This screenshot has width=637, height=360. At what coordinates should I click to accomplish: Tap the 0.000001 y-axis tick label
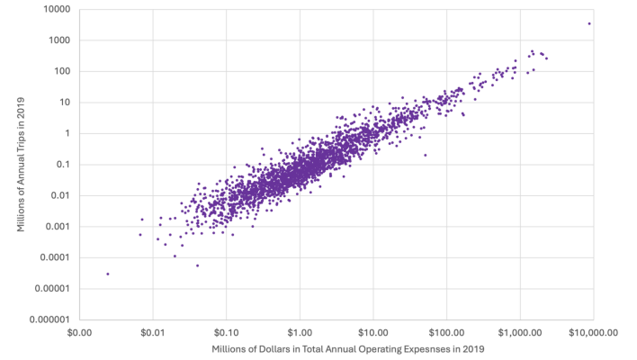point(51,319)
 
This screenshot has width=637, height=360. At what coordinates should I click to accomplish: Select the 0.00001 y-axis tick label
point(54,289)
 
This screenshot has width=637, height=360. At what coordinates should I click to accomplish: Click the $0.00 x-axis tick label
point(79,332)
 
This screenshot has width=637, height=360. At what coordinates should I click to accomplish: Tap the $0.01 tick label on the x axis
point(152,332)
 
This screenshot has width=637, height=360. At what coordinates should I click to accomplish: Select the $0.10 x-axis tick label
point(226,332)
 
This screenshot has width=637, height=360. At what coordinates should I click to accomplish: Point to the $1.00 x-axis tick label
point(300,332)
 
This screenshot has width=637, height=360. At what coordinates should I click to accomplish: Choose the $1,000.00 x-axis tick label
point(520,332)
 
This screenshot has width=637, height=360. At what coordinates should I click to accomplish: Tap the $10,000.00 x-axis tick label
point(593,332)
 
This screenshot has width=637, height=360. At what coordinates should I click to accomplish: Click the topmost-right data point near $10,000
point(589,23)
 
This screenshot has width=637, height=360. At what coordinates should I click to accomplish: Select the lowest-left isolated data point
point(108,274)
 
